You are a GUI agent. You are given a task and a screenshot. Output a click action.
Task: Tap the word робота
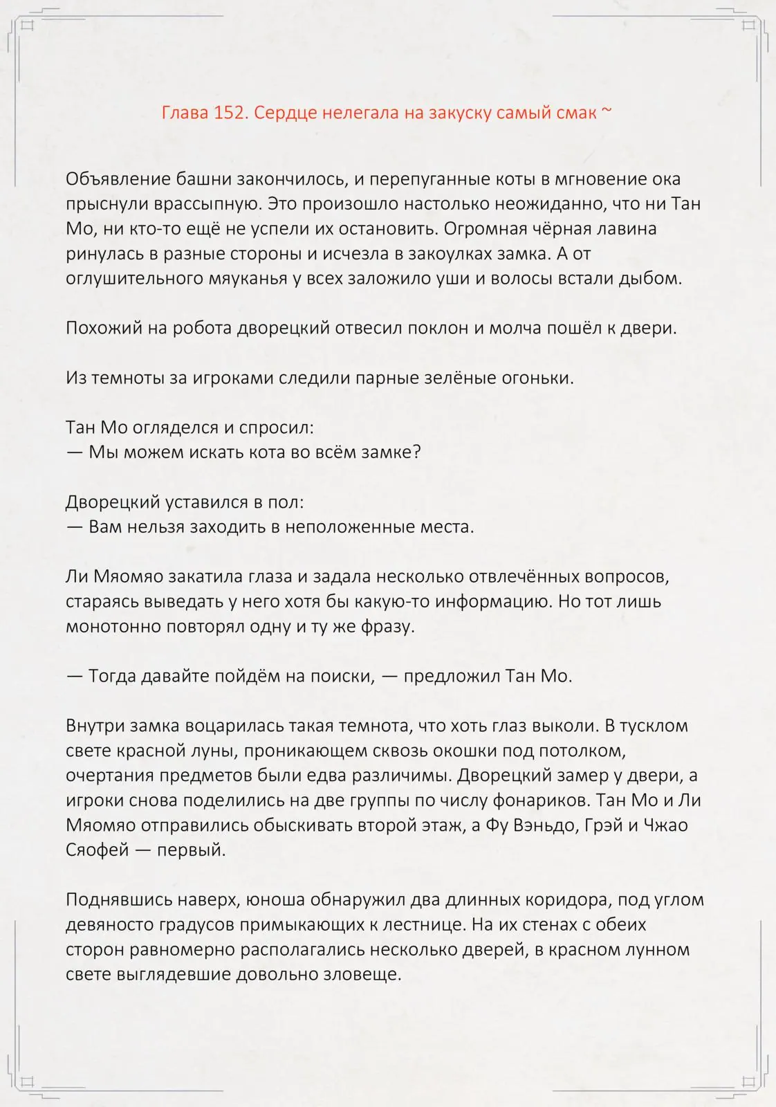[x=198, y=328]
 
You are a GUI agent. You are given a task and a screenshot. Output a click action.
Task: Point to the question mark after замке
[x=417, y=452]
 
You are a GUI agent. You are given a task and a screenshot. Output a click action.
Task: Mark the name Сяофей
[x=98, y=850]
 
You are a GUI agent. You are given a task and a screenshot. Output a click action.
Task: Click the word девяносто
[x=116, y=925]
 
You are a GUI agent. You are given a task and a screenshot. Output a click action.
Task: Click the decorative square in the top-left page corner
[x=28, y=26]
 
